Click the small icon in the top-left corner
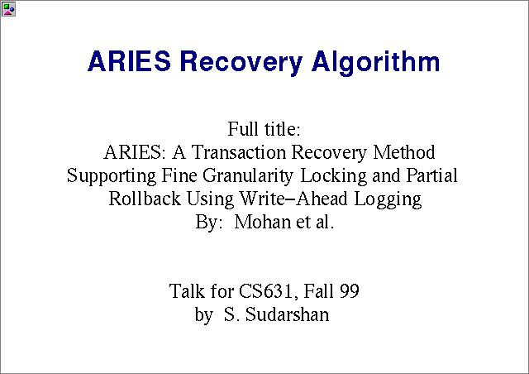8,9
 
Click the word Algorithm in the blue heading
375,62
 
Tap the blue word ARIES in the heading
129,61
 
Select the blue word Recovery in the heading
241,63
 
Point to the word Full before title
243,129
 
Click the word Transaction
239,152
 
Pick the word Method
404,152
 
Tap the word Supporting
112,176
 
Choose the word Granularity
248,176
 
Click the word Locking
333,176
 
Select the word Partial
431,175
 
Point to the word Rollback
145,199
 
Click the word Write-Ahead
293,199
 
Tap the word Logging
388,199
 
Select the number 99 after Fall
350,291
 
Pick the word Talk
187,291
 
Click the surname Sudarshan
287,314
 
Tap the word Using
210,199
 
